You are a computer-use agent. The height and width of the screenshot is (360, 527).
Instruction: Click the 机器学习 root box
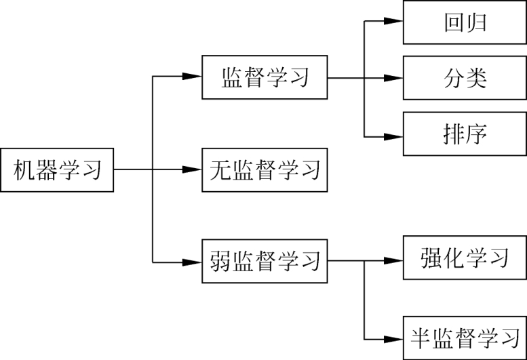[57, 169]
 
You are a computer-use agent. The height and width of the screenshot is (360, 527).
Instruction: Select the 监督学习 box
[265, 77]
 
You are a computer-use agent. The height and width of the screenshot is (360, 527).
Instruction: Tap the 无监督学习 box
[265, 169]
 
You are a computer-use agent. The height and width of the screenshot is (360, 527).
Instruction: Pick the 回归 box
[465, 22]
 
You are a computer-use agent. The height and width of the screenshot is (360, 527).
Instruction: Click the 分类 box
[465, 77]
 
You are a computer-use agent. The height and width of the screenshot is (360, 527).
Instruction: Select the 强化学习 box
[465, 258]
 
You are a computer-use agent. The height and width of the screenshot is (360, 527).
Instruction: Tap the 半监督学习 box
[465, 338]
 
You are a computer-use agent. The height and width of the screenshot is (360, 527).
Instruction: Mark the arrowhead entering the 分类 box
[394, 77]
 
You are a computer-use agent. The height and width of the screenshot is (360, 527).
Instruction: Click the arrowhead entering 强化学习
[394, 259]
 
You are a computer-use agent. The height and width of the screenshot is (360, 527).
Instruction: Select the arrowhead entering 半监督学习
[394, 338]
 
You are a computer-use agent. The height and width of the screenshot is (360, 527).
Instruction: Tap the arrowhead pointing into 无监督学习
[193, 169]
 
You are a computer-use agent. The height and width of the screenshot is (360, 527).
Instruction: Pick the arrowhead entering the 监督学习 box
[193, 77]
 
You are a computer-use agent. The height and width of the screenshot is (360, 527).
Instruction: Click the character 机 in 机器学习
[25, 169]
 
